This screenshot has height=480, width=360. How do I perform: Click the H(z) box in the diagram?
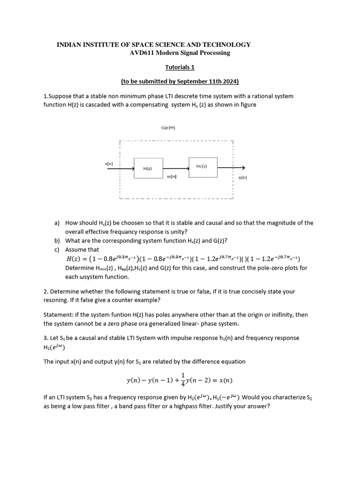tap(148, 168)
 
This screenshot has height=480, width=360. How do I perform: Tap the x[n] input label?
tap(109, 164)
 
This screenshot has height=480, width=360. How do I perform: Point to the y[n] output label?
tap(242, 178)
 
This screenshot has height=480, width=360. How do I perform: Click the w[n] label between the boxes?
tap(172, 176)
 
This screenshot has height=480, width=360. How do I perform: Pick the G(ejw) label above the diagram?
tap(168, 127)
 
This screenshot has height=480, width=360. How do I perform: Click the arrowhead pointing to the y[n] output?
tap(243, 168)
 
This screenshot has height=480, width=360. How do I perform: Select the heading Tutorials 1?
tap(180, 67)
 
